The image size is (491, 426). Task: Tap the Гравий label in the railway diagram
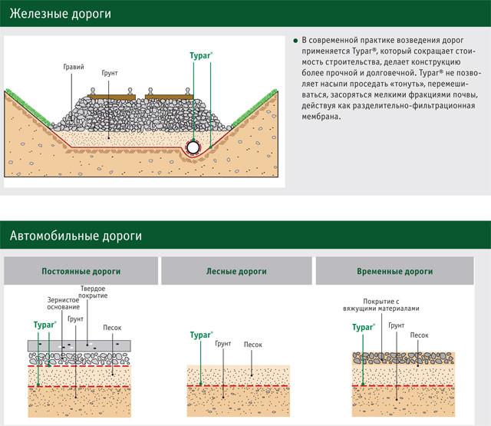click(74, 68)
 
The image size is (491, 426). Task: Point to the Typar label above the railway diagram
click(201, 56)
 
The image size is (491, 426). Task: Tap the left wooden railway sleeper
click(110, 97)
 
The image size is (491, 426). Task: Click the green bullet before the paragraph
click(295, 39)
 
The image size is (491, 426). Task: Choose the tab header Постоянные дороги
click(81, 272)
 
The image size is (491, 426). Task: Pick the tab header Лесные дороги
click(236, 272)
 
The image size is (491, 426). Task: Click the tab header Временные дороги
click(395, 272)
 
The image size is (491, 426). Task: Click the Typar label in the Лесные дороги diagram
click(201, 335)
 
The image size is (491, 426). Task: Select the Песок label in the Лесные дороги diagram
click(252, 345)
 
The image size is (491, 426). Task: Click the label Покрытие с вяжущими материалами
click(381, 305)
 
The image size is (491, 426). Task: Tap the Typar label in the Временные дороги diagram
click(363, 327)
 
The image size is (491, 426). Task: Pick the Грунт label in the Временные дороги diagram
click(396, 325)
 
